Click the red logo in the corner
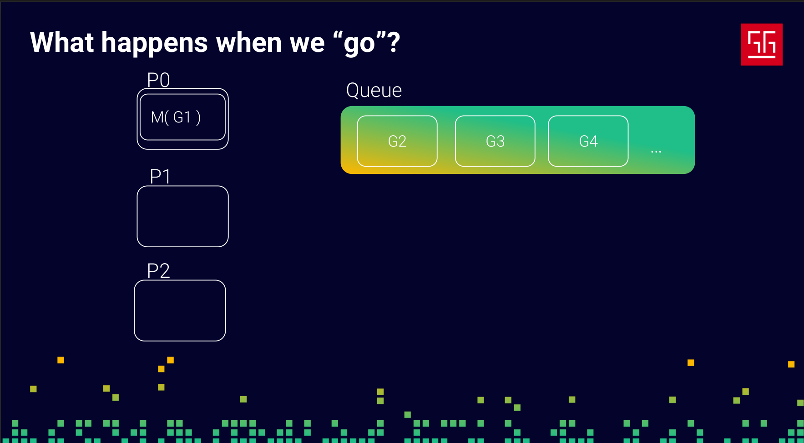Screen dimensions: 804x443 click(761, 44)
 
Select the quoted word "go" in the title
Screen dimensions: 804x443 click(359, 45)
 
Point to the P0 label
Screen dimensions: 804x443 click(158, 80)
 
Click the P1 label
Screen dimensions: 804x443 click(160, 176)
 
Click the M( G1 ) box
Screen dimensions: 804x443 click(182, 117)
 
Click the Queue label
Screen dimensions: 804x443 click(374, 91)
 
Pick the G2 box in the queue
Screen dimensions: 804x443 click(397, 141)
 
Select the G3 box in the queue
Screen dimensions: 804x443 click(495, 141)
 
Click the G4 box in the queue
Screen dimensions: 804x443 click(588, 141)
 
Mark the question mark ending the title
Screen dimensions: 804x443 click(393, 42)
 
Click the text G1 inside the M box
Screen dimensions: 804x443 click(182, 117)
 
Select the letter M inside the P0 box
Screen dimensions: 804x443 click(157, 117)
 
